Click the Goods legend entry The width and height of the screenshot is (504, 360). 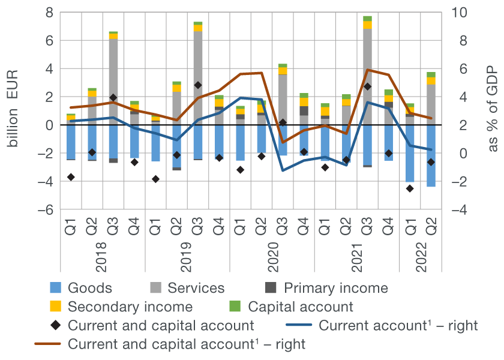pos(90,288)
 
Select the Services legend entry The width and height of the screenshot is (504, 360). pos(196,288)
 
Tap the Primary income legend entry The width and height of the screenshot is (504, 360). pos(335,288)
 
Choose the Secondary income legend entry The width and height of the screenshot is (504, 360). pos(130,307)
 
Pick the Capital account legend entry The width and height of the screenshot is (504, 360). pos(301,307)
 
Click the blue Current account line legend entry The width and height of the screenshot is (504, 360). pos(398,326)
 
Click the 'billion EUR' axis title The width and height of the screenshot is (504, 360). pos(13,111)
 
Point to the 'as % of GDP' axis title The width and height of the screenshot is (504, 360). pos(493,111)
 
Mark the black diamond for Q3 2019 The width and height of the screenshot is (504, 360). pos(198,85)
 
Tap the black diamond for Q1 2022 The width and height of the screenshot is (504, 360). pos(410,188)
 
